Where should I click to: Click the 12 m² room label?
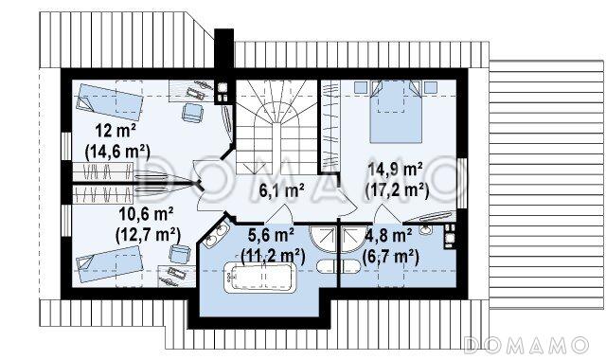(116, 132)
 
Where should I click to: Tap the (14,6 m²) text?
(117, 152)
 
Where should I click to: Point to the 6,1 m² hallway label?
(281, 190)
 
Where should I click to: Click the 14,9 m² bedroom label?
(396, 170)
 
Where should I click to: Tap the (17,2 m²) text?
(397, 190)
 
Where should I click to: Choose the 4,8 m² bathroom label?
(387, 236)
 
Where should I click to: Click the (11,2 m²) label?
(273, 256)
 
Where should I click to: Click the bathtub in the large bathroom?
(259, 278)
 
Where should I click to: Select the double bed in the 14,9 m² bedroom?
(396, 112)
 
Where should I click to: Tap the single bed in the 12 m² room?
(110, 101)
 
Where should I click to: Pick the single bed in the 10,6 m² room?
(110, 264)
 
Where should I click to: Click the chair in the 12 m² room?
(192, 112)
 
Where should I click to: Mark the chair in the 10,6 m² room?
(180, 254)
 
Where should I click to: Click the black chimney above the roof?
(224, 49)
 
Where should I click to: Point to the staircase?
(276, 127)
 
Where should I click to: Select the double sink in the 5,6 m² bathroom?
(216, 235)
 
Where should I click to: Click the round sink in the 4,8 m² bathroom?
(425, 229)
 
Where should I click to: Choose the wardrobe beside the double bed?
(330, 125)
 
